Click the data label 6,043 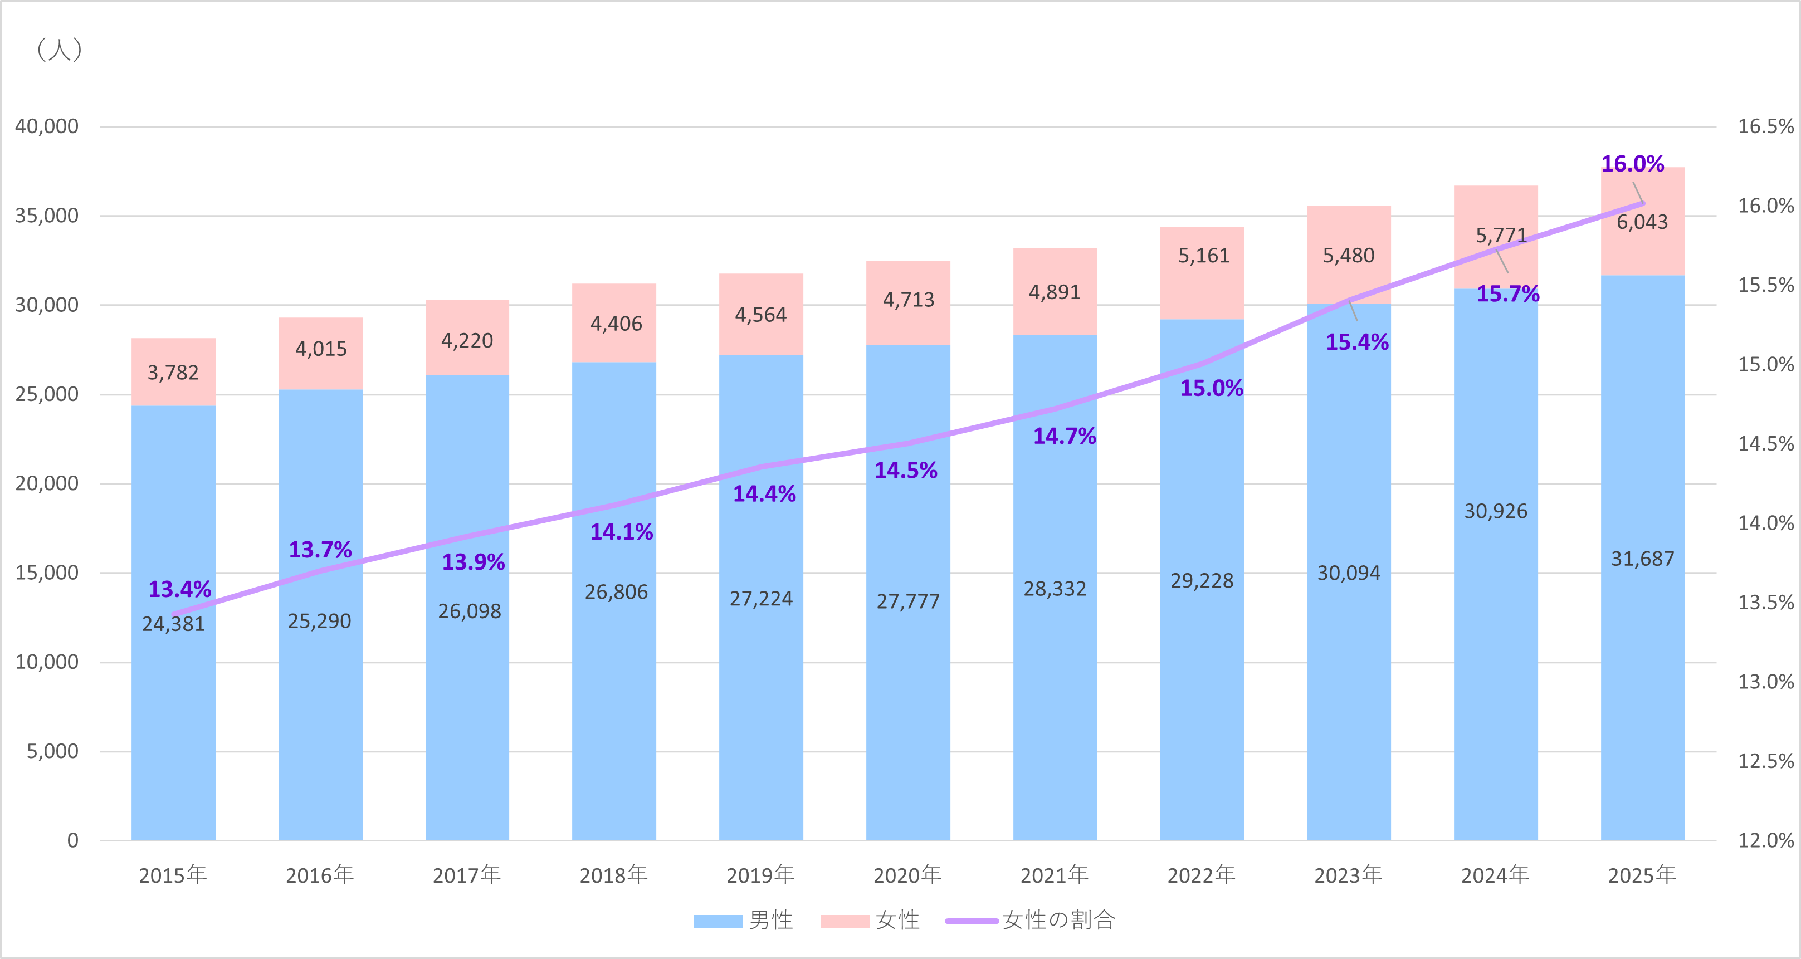pyautogui.click(x=1642, y=222)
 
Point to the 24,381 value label pyautogui.click(x=173, y=624)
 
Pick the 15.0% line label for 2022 pyautogui.click(x=1211, y=388)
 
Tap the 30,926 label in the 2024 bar pyautogui.click(x=1496, y=511)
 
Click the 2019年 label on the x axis pyautogui.click(x=760, y=874)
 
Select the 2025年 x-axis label pyautogui.click(x=1642, y=874)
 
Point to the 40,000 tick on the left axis pyautogui.click(x=47, y=126)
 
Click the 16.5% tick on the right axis pyautogui.click(x=1765, y=126)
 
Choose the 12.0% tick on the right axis pyautogui.click(x=1765, y=840)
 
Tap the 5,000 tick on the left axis pyautogui.click(x=52, y=751)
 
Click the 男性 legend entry pyautogui.click(x=770, y=920)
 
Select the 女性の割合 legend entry pyautogui.click(x=1058, y=920)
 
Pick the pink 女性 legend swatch pyautogui.click(x=845, y=921)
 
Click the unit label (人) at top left pyautogui.click(x=60, y=50)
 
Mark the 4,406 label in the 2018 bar pyautogui.click(x=616, y=324)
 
